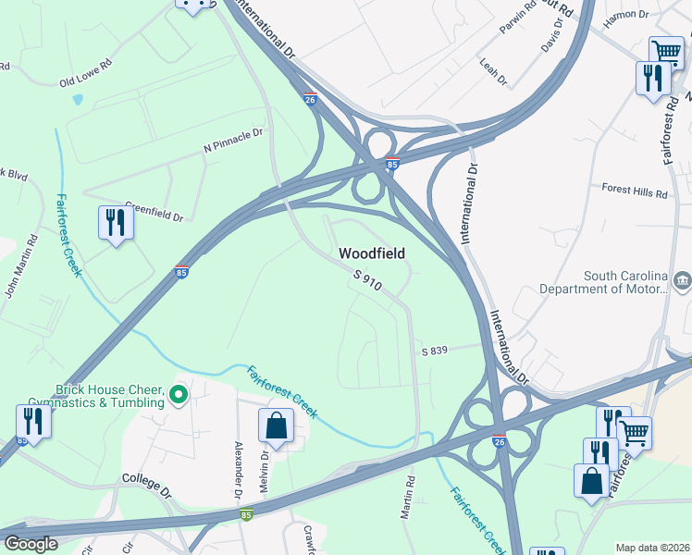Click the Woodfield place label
pyautogui.click(x=372, y=253)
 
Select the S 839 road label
pyautogui.click(x=435, y=351)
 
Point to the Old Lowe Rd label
pyautogui.click(x=85, y=76)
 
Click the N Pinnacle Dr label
pyautogui.click(x=233, y=140)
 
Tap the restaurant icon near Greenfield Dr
pyautogui.click(x=116, y=223)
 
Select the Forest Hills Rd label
pyautogui.click(x=635, y=193)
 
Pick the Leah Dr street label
pyautogui.click(x=494, y=72)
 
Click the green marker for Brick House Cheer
pyautogui.click(x=179, y=396)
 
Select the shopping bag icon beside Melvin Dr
pyautogui.click(x=277, y=426)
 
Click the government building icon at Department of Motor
pyautogui.click(x=682, y=278)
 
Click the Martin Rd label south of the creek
pyautogui.click(x=407, y=498)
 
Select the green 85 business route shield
pyautogui.click(x=247, y=514)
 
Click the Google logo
pyautogui.click(x=31, y=544)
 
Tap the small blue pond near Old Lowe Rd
pyautogui.click(x=77, y=98)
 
